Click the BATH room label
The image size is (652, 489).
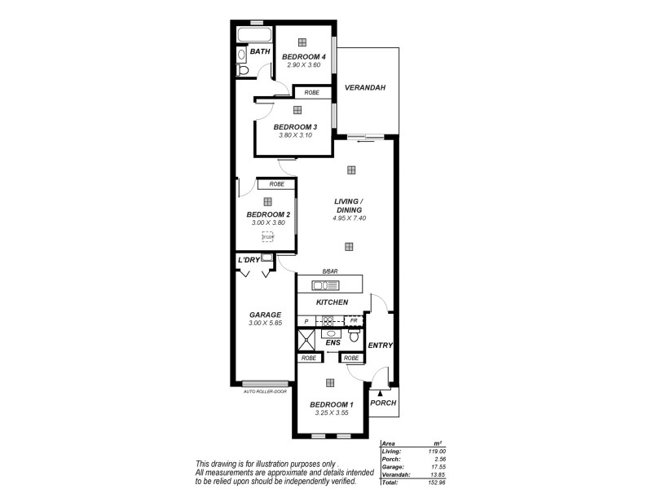coord(259,52)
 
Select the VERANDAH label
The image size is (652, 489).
coord(364,88)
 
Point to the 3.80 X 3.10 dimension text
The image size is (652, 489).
coord(294,135)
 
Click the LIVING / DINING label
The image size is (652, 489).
coord(349,205)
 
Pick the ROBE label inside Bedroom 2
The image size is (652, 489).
coord(270,184)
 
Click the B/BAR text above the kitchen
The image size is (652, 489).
coord(329,272)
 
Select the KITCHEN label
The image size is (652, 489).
coord(332,302)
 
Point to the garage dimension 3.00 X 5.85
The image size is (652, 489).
coord(265,323)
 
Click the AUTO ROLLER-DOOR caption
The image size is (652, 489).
coord(265,391)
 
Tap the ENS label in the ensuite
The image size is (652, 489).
coord(333,343)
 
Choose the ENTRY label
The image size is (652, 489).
coord(380,346)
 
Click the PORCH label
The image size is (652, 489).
coord(383,403)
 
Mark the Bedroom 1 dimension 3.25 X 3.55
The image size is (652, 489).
coord(331,412)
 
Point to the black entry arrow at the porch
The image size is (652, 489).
coord(380,393)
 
